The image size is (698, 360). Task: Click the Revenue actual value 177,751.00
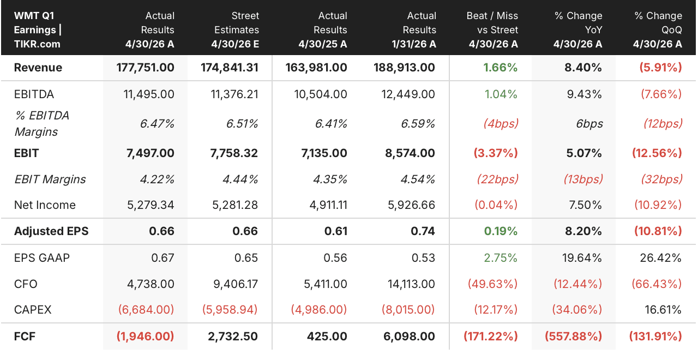145,67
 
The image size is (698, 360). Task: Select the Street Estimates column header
235,29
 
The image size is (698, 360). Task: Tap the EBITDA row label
34,94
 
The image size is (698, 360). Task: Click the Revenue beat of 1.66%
500,67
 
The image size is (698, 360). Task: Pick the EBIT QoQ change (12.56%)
657,153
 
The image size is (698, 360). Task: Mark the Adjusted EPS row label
51,231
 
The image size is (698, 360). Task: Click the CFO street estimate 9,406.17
236,284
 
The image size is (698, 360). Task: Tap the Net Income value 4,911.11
328,205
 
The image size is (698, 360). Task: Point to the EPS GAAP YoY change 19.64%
582,258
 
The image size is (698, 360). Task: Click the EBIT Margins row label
50,179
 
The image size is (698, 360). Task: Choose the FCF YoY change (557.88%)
573,337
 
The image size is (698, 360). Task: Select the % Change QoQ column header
658,29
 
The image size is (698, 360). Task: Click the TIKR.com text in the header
37,44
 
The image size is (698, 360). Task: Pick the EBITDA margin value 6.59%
418,124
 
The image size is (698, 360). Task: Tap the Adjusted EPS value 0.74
423,231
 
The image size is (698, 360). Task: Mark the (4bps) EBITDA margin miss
501,124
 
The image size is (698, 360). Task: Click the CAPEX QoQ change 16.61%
663,309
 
